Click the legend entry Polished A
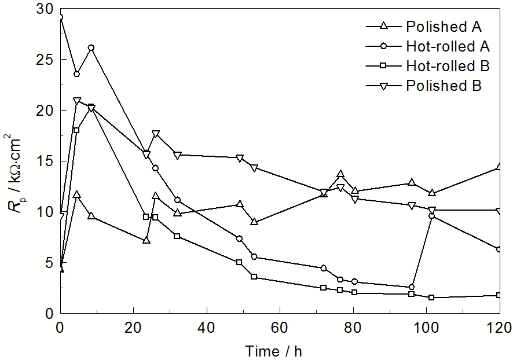pyautogui.click(x=444, y=27)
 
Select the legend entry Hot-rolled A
pyautogui.click(x=448, y=46)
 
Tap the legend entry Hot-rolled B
pyautogui.click(x=448, y=66)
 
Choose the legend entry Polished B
pyautogui.click(x=444, y=86)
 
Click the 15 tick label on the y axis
pyautogui.click(x=45, y=161)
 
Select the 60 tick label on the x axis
pyautogui.click(x=280, y=326)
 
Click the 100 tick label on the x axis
pyautogui.click(x=426, y=326)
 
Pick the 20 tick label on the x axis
pyautogui.click(x=133, y=326)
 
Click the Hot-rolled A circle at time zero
pyautogui.click(x=60, y=17)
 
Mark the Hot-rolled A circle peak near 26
pyautogui.click(x=91, y=48)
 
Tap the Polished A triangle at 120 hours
pyautogui.click(x=499, y=167)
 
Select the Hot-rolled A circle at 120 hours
pyautogui.click(x=499, y=249)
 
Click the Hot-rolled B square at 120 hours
pyautogui.click(x=499, y=295)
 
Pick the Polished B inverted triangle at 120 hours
pyautogui.click(x=499, y=211)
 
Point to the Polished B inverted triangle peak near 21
pyautogui.click(x=76, y=101)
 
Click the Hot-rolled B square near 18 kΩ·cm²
pyautogui.click(x=76, y=130)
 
